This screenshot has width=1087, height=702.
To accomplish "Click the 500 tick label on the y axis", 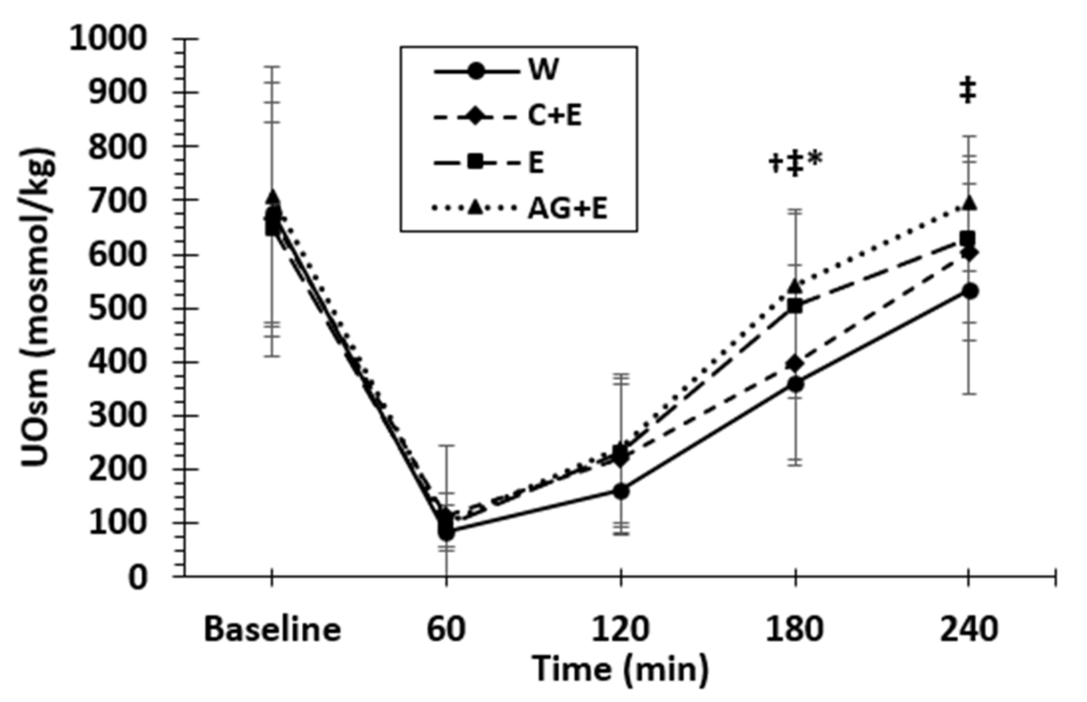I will coord(117,309).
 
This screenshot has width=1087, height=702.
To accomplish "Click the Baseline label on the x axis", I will coord(272,630).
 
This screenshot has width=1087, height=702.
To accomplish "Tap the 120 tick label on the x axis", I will coord(620,630).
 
